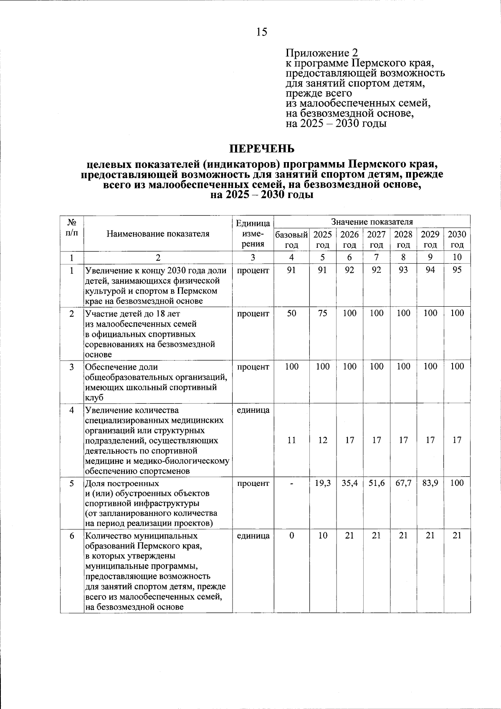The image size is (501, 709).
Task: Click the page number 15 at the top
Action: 262,32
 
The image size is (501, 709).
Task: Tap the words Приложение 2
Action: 322,53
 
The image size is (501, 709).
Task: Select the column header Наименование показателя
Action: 158,234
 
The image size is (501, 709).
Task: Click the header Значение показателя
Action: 372,221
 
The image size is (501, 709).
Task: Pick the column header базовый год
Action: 291,239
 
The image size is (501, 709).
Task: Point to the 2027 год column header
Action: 377,239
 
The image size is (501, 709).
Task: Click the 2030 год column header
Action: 457,239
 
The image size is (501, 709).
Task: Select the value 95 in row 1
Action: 457,270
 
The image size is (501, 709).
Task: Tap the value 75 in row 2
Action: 323,313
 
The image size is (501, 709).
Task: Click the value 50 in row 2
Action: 291,313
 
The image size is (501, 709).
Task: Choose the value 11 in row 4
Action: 291,440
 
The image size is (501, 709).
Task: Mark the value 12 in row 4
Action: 323,440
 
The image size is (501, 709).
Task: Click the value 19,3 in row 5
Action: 323,483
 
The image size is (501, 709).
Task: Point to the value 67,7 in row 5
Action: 403,483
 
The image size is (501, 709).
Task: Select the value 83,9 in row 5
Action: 430,483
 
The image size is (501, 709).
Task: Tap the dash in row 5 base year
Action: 291,483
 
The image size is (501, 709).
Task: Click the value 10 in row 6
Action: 323,536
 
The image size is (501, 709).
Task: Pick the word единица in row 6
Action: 253,536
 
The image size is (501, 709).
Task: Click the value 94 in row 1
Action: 430,270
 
